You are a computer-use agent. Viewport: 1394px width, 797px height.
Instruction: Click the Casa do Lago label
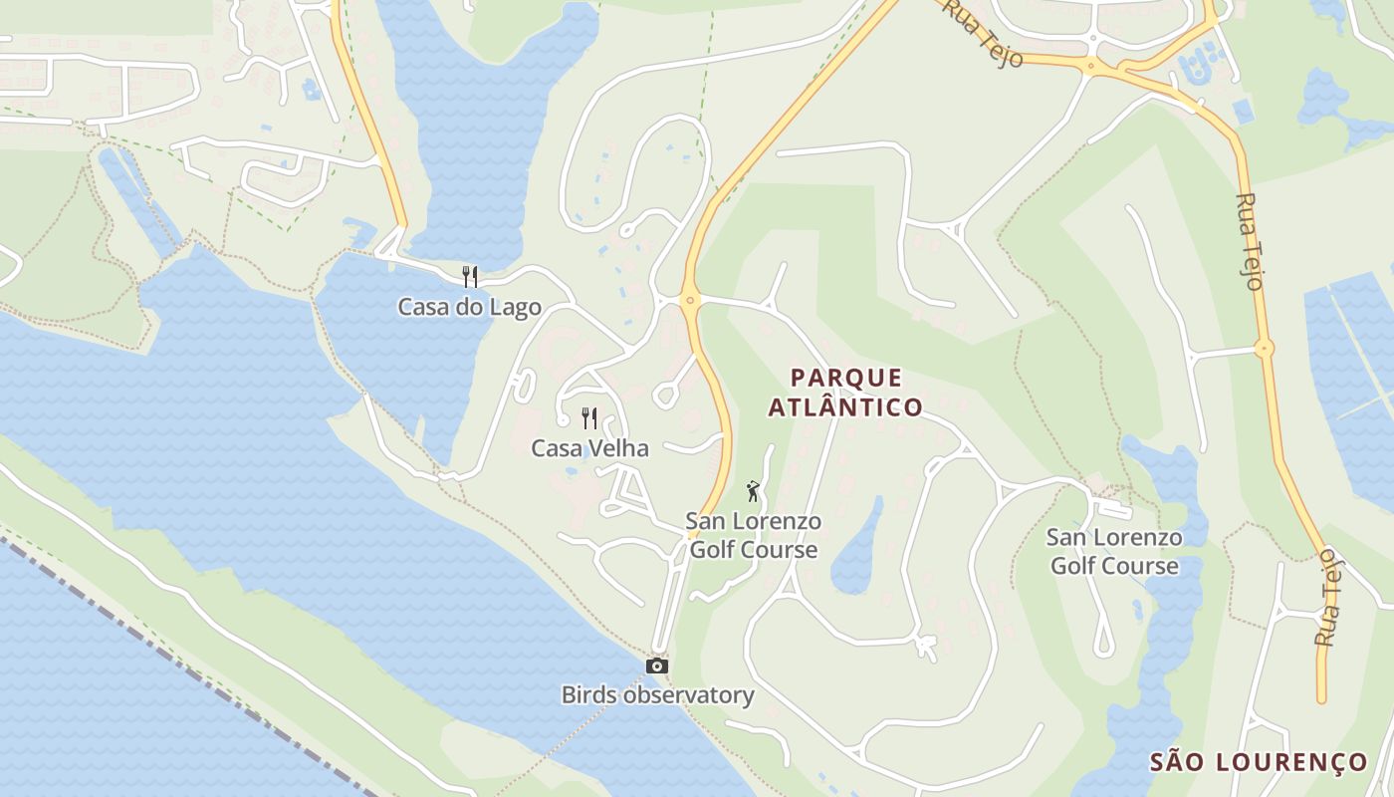(x=469, y=307)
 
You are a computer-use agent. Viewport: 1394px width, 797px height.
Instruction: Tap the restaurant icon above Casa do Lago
(x=470, y=276)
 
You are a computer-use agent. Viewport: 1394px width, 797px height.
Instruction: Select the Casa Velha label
(x=589, y=448)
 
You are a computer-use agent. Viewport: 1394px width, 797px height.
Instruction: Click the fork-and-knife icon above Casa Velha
(x=589, y=417)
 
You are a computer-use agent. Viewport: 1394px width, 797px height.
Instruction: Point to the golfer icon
(x=753, y=491)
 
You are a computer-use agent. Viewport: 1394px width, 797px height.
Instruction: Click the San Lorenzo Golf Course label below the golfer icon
(x=754, y=535)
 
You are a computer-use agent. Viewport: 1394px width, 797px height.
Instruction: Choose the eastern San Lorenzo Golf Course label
(x=1114, y=552)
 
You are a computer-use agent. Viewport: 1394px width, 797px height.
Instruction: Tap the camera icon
(x=657, y=665)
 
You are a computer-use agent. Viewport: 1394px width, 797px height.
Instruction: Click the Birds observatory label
(x=657, y=695)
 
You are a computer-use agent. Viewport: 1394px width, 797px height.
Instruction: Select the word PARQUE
(x=846, y=378)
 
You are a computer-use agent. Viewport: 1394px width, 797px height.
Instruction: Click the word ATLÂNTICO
(x=846, y=407)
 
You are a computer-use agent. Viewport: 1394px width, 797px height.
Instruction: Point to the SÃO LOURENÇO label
(x=1259, y=763)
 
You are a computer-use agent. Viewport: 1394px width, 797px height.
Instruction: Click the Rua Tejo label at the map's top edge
(x=984, y=32)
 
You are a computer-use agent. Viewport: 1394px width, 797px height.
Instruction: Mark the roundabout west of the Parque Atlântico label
(x=689, y=299)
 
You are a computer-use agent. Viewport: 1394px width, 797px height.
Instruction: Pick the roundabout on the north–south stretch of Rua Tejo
(x=1265, y=349)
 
